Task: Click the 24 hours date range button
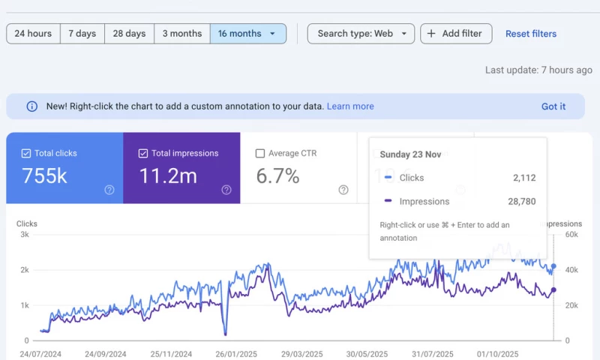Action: tap(33, 34)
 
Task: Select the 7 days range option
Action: tap(82, 34)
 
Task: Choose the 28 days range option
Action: tap(129, 34)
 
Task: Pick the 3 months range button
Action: tap(182, 34)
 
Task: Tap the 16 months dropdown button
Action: tap(247, 34)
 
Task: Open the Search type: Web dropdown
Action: tap(361, 34)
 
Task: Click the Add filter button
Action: tap(456, 34)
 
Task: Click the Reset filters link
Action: tap(531, 34)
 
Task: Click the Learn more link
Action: tap(350, 106)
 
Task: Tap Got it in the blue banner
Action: tap(553, 106)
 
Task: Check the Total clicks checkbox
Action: tap(26, 154)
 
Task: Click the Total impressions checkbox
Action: tap(143, 154)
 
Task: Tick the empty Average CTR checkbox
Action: tap(260, 154)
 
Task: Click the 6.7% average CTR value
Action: tap(277, 177)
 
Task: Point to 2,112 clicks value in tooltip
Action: tap(521, 178)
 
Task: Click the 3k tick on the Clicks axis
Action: tap(25, 235)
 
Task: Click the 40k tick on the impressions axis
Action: tap(571, 270)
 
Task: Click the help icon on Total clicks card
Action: tap(109, 190)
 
